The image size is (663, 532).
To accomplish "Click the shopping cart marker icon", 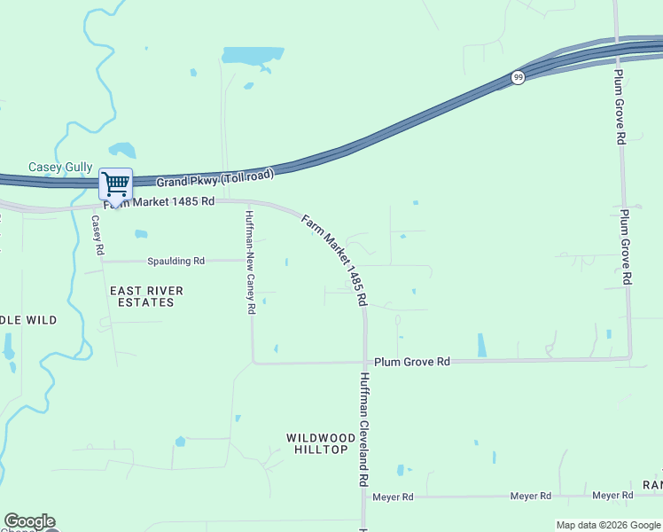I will [x=115, y=184].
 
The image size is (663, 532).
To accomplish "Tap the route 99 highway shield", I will [x=518, y=78].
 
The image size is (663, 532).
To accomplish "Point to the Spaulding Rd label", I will [x=175, y=262].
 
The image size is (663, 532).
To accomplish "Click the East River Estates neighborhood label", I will [x=146, y=296].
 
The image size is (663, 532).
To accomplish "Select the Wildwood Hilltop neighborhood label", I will [x=316, y=443].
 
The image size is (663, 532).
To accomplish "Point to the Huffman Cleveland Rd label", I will [x=363, y=429].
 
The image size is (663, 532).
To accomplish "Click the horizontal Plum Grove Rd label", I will [x=411, y=362].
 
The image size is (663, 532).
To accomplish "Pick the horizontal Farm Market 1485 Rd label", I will [x=160, y=202].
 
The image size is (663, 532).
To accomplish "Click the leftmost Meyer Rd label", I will [x=393, y=497].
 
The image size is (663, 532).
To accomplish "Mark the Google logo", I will [x=29, y=521].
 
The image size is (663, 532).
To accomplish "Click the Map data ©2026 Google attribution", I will [x=607, y=525].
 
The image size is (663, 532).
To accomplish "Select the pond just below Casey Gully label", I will [x=121, y=150].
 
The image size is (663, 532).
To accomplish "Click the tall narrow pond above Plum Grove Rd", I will [x=481, y=345].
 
